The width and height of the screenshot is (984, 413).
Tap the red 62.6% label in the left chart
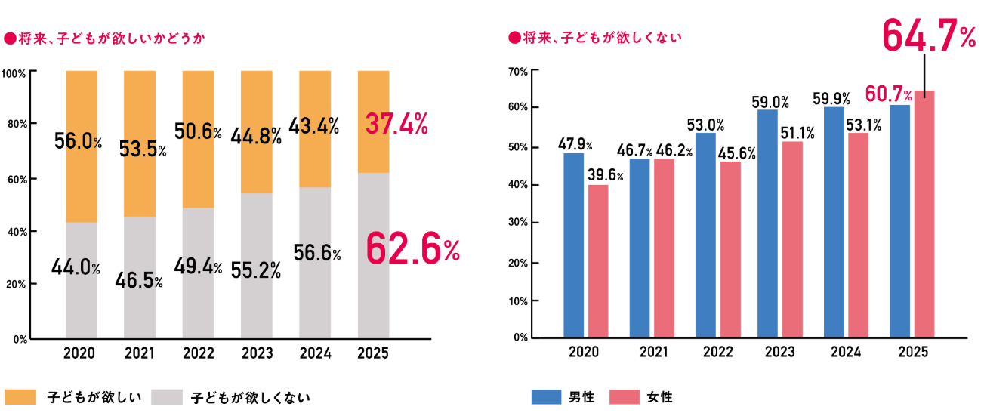[x=412, y=251]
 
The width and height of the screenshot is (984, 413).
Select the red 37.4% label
[x=396, y=123]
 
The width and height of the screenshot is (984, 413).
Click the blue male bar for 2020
[x=574, y=245]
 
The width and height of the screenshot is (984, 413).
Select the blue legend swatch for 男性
[x=545, y=396]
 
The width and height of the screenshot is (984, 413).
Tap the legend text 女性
[x=659, y=396]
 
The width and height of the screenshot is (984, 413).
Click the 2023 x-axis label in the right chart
[x=779, y=352]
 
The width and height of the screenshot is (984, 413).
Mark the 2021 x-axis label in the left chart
[x=140, y=352]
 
